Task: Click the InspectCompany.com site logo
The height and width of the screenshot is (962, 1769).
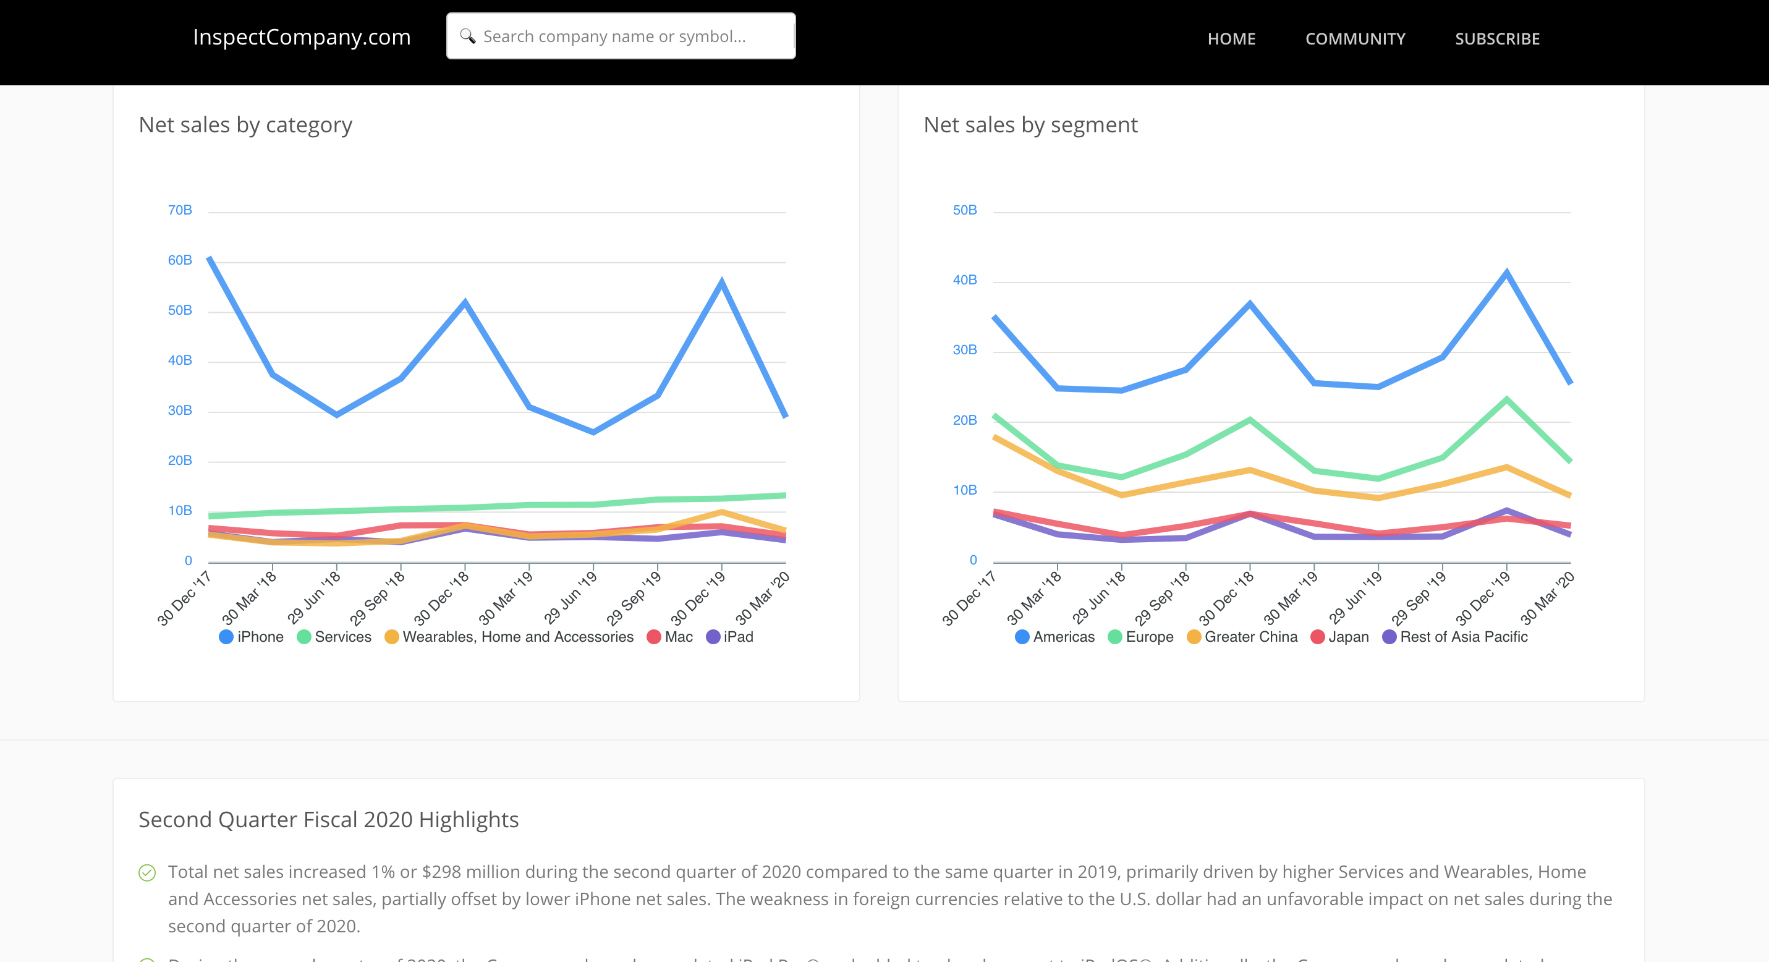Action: pyautogui.click(x=302, y=37)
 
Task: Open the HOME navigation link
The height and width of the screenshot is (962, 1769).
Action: pyautogui.click(x=1231, y=39)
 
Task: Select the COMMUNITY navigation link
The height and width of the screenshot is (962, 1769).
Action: pyautogui.click(x=1355, y=39)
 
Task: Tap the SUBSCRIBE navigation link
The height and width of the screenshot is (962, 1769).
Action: pyautogui.click(x=1497, y=39)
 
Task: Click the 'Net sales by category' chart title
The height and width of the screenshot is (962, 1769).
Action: pyautogui.click(x=245, y=125)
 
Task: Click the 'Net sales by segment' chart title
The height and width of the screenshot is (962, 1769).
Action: pyautogui.click(x=1030, y=125)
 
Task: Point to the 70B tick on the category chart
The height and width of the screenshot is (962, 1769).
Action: pyautogui.click(x=180, y=210)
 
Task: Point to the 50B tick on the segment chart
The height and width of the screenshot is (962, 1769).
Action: pyautogui.click(x=964, y=210)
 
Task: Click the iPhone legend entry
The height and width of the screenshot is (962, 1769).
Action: pyautogui.click(x=252, y=637)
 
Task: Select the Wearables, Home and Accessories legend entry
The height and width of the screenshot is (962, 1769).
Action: pyautogui.click(x=509, y=637)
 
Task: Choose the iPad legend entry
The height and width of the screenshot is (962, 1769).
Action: pyautogui.click(x=730, y=637)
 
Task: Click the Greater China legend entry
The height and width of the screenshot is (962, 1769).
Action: pyautogui.click(x=1242, y=637)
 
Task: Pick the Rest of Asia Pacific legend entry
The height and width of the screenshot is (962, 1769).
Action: pyautogui.click(x=1455, y=637)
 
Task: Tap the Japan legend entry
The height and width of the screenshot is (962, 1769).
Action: pyautogui.click(x=1340, y=637)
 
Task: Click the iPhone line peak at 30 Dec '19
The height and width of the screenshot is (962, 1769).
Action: pyautogui.click(x=722, y=282)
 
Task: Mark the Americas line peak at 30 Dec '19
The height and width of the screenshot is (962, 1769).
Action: pyautogui.click(x=1507, y=274)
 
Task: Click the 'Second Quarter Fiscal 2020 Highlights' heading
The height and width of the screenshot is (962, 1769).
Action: pyautogui.click(x=328, y=820)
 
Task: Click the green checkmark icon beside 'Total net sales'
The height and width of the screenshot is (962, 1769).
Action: pyautogui.click(x=147, y=873)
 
